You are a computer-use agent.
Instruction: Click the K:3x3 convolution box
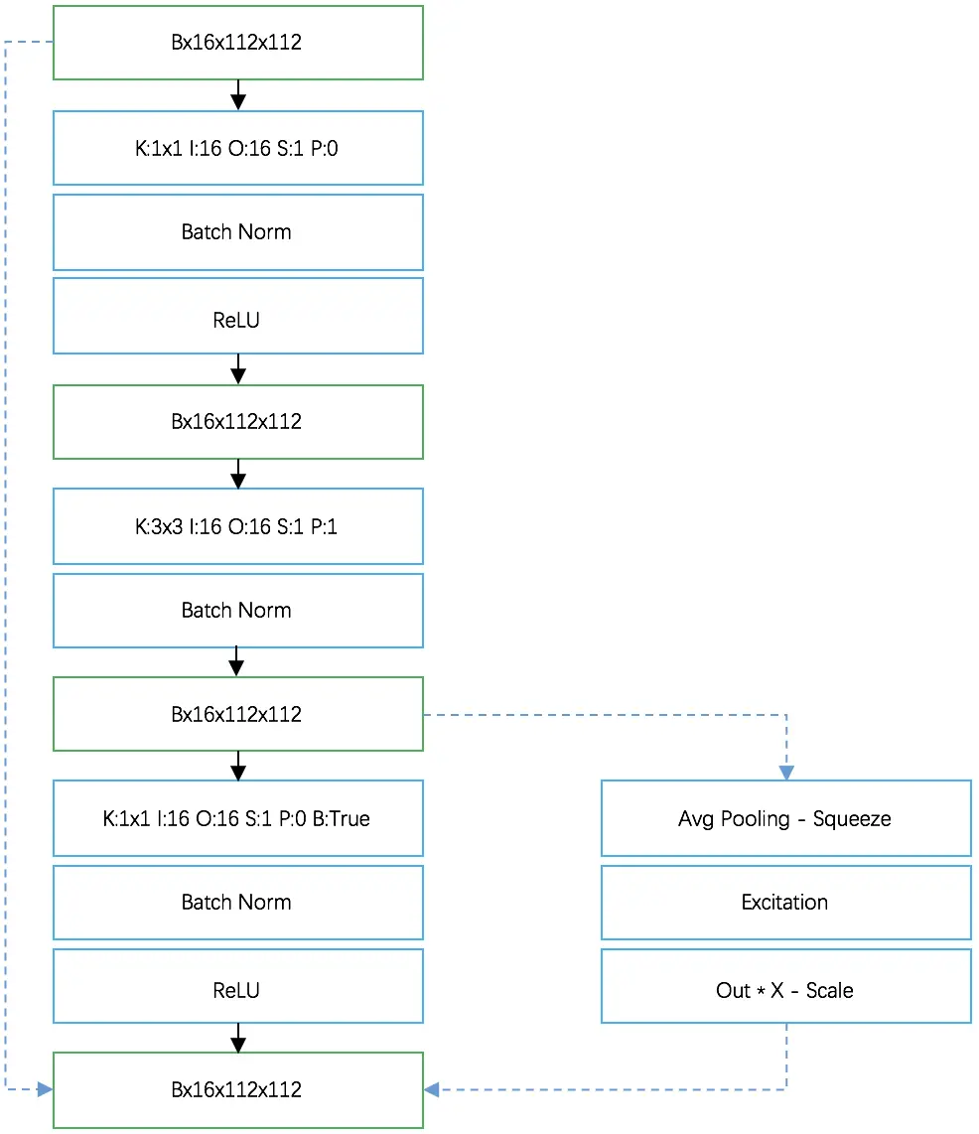237,526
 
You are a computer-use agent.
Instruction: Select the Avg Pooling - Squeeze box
785,818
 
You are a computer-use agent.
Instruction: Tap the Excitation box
785,902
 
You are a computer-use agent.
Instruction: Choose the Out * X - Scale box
785,990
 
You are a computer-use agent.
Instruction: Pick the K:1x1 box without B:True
237,148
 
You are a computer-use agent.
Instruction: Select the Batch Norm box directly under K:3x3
237,610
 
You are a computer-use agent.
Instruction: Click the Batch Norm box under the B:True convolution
237,902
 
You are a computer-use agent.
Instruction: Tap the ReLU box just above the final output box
237,990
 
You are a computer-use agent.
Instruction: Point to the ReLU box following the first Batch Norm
237,320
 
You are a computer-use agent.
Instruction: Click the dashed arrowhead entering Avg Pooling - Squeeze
786,773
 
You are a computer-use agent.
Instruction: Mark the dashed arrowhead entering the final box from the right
432,1089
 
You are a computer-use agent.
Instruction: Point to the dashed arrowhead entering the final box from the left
45,1089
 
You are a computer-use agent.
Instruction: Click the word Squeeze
852,819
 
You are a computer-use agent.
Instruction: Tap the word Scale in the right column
829,991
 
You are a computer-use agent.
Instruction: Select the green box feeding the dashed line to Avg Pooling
237,714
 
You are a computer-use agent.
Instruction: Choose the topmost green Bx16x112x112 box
237,43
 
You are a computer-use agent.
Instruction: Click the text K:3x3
160,527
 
